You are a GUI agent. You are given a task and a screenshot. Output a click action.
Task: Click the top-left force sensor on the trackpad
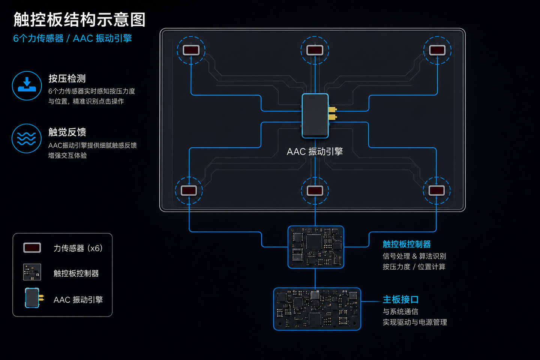coord(191,50)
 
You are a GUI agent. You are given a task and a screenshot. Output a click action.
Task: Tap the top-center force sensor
coord(315,50)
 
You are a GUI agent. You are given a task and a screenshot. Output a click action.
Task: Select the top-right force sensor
coord(437,50)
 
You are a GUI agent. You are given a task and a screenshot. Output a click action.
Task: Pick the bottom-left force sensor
coord(189,191)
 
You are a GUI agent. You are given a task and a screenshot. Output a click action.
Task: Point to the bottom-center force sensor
coord(315,191)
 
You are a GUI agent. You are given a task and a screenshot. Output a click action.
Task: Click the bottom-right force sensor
coord(436,191)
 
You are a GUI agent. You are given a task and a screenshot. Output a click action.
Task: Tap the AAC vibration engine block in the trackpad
coord(315,116)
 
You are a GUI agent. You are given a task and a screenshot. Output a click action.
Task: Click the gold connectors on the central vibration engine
coord(333,113)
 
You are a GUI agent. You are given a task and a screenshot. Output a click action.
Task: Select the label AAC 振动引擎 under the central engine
coord(315,151)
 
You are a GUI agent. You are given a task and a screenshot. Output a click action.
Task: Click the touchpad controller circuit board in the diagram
coord(316,247)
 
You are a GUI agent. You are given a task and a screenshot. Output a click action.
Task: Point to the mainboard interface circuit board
coord(317,309)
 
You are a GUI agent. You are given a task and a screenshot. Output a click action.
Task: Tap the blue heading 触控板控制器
coord(406,244)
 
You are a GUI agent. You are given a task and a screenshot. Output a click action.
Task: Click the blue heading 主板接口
coord(400,300)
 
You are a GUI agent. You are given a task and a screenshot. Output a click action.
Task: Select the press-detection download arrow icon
coord(27,85)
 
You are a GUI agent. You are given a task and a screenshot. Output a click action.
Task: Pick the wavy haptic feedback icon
coord(27,138)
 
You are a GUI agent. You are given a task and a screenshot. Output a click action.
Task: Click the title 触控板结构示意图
coord(79,19)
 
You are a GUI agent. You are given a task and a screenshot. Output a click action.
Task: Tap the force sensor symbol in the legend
coord(32,248)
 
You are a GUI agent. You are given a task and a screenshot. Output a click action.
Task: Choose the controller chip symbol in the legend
coord(32,272)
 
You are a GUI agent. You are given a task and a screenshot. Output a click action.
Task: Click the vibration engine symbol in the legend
coord(34,298)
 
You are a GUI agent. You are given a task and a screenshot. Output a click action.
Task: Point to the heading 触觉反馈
coord(67,132)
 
